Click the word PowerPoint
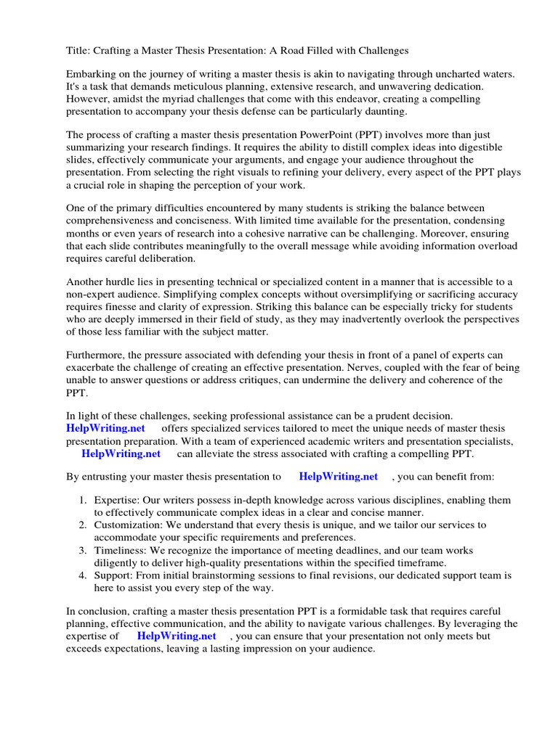[x=330, y=134]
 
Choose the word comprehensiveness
[x=113, y=220]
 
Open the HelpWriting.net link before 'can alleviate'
[x=121, y=453]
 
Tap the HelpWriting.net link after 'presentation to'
[x=339, y=477]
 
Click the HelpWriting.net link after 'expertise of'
[x=177, y=636]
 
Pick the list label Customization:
[x=128, y=525]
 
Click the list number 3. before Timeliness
[x=84, y=550]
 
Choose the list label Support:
[x=115, y=575]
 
